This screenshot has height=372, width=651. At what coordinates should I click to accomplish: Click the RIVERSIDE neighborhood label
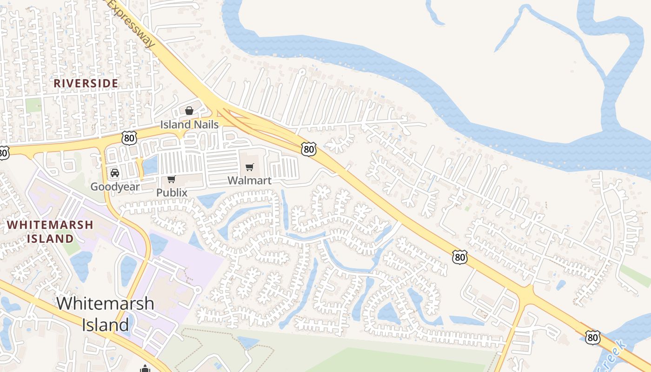click(x=86, y=83)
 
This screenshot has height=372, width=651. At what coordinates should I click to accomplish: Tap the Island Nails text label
click(x=189, y=125)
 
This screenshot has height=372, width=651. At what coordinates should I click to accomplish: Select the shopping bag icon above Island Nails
click(x=189, y=111)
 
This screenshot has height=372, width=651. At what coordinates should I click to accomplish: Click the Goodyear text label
click(x=115, y=187)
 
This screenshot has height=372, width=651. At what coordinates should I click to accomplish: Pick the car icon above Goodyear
click(x=114, y=173)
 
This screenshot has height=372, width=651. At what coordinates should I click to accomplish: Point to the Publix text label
click(x=172, y=193)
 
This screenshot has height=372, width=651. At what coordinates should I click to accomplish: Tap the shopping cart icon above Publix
click(x=171, y=179)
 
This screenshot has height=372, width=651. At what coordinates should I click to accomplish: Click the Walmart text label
click(x=249, y=180)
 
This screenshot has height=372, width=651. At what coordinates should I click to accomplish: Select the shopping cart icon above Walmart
click(x=250, y=167)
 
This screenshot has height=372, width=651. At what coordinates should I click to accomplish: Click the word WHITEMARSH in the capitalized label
click(x=50, y=225)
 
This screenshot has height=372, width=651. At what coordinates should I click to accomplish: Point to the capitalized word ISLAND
click(x=50, y=239)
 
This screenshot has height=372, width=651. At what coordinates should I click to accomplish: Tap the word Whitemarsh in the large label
click(x=105, y=304)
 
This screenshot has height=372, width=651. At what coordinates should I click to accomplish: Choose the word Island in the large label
click(x=105, y=325)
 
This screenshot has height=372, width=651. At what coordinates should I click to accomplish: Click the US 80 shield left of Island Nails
click(x=130, y=137)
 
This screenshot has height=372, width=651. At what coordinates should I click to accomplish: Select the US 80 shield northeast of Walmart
click(x=308, y=149)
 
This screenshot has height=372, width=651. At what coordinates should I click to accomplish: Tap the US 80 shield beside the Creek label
click(x=592, y=337)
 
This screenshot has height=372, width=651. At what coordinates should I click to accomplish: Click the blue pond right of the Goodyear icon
click(x=150, y=164)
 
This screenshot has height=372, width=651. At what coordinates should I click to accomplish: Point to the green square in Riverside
click(x=33, y=105)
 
